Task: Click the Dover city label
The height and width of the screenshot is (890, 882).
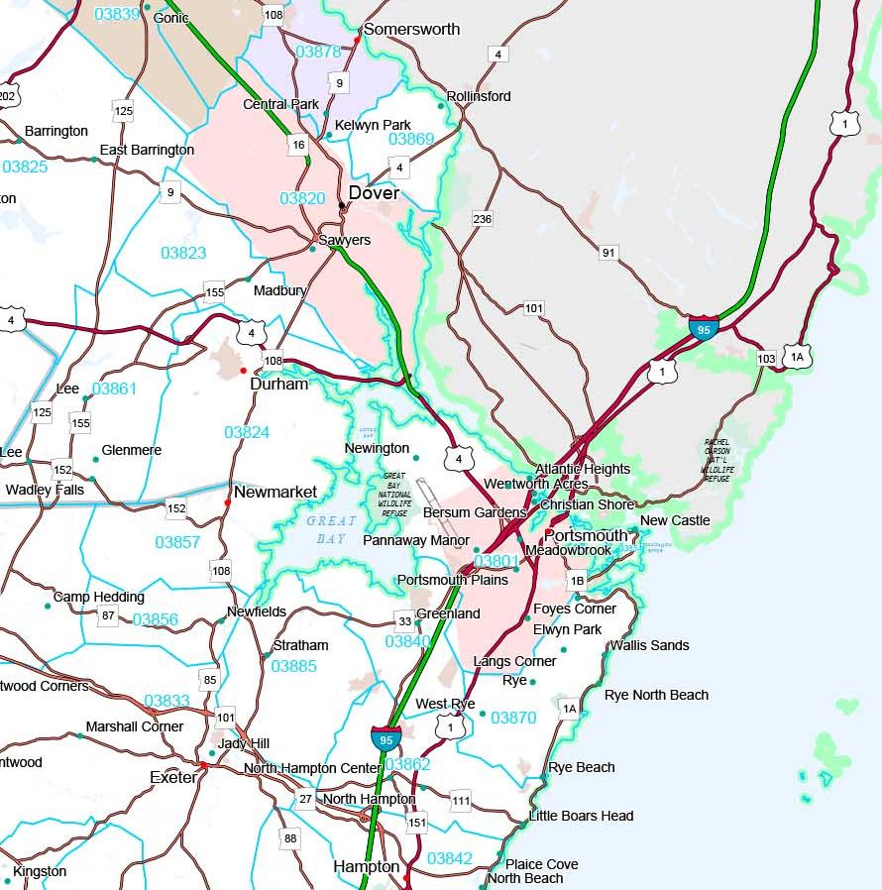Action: [x=374, y=193]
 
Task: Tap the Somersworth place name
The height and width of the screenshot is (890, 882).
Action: [x=411, y=30]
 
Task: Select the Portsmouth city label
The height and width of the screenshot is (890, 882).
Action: [x=593, y=535]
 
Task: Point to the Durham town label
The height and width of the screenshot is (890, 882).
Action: [x=278, y=384]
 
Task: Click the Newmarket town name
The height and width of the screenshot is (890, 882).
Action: [x=276, y=492]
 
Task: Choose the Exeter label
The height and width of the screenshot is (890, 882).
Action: [x=173, y=777]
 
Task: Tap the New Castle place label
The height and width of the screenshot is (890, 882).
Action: [x=675, y=520]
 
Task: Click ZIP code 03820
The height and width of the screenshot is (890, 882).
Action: [x=301, y=198]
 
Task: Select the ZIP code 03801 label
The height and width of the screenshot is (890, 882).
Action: [x=496, y=561]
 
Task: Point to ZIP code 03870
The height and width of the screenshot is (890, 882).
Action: [x=512, y=717]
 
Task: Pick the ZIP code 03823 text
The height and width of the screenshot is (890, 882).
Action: [x=183, y=253]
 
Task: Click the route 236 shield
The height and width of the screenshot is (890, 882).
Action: [x=483, y=218]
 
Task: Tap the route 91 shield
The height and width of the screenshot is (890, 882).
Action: [x=608, y=253]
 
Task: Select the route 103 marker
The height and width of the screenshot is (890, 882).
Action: [x=766, y=358]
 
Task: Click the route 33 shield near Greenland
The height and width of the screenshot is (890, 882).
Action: [x=404, y=621]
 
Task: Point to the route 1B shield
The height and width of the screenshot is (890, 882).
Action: [x=577, y=581]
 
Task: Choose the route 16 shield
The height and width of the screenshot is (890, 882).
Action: [x=298, y=145]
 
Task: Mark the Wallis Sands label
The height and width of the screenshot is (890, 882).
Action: [x=649, y=645]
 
